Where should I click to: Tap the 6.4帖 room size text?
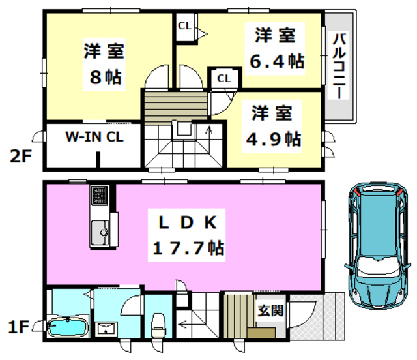pos(277,61)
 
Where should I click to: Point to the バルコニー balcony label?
pos(339,66)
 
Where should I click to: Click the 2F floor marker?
pos(21,157)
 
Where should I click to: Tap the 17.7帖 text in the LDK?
pos(188,248)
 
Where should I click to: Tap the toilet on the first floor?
pos(157,324)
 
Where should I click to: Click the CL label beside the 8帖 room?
pos(184,27)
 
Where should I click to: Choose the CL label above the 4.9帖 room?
pos(223,78)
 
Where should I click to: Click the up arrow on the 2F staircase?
pos(208,132)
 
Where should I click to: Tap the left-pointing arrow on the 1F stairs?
pos(186,324)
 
